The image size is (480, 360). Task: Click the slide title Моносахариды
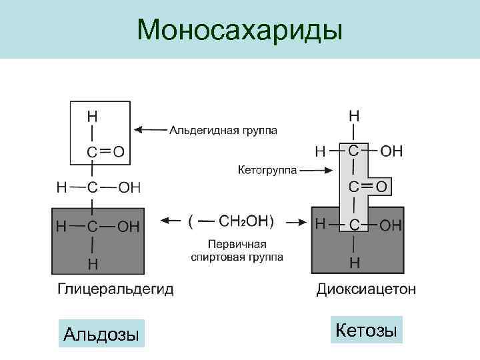point(239,29)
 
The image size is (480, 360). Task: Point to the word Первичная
point(237,243)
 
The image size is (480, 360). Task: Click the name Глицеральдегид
point(115,289)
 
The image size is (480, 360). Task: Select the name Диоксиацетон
point(367,289)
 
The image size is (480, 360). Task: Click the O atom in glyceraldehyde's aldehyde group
point(118,152)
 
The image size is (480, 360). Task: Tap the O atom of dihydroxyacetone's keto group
point(381,185)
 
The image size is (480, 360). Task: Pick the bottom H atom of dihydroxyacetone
point(355,262)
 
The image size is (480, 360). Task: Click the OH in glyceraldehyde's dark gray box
point(129,227)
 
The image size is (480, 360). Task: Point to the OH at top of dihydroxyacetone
point(391,151)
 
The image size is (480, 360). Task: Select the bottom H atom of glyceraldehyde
point(92,263)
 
